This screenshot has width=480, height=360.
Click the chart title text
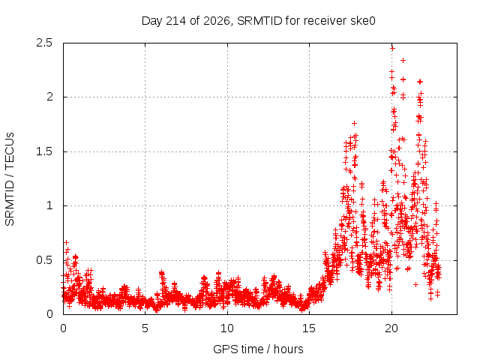click(259, 21)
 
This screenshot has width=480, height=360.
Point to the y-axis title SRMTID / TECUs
click(10, 179)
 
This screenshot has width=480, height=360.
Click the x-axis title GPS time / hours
click(258, 349)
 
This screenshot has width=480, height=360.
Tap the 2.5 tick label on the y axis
click(44, 43)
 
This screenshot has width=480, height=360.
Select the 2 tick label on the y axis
click(49, 97)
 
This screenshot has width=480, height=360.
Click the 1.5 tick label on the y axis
click(44, 151)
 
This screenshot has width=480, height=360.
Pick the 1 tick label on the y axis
click(50, 205)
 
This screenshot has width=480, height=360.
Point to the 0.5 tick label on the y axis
click(44, 260)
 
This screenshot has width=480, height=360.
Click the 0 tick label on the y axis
click(49, 314)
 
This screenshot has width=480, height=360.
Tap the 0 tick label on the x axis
click(63, 328)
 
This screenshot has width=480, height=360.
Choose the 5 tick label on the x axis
click(145, 328)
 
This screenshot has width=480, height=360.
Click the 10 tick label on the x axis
click(227, 328)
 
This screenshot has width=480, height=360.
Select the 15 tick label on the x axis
click(309, 328)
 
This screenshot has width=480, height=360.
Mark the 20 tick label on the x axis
click(391, 328)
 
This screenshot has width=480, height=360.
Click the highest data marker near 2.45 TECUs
click(392, 48)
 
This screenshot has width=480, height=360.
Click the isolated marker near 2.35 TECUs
click(403, 60)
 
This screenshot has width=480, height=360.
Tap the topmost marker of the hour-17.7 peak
click(355, 123)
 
